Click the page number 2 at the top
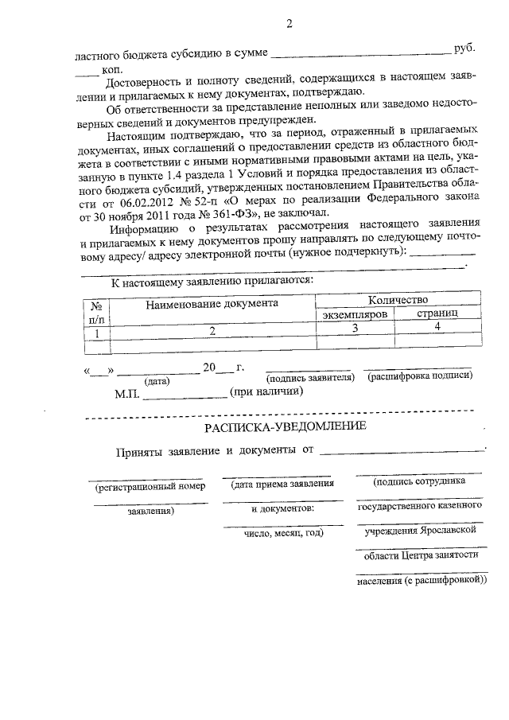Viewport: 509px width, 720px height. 289,24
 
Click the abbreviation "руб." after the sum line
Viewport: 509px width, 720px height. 464,49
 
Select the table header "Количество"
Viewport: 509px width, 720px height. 398,300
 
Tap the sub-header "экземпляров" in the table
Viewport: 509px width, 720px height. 356,314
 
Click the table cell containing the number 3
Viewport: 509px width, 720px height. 356,328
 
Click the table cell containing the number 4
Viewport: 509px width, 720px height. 438,328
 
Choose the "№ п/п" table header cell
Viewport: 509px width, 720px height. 96,309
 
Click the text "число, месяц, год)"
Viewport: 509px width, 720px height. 283,532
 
